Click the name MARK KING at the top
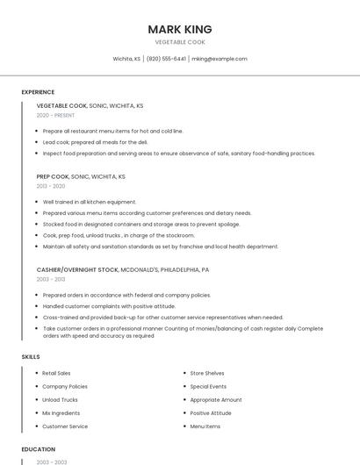point(180,29)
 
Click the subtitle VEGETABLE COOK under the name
point(180,42)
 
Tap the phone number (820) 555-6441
point(166,59)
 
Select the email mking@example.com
point(220,59)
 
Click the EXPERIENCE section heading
point(38,92)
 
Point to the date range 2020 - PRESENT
point(55,115)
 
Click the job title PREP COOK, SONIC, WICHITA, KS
point(81,176)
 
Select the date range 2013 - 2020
point(51,186)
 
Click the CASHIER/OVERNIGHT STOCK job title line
point(123,269)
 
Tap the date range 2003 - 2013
point(51,279)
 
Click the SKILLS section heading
point(31,357)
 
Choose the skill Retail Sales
point(56,373)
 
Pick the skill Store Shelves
point(207,373)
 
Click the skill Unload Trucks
point(60,399)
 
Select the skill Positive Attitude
point(211,412)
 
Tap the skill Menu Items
point(205,426)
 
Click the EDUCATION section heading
point(39,449)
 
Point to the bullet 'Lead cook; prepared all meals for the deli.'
point(96,141)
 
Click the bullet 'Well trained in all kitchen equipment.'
point(90,202)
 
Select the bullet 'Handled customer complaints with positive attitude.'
point(109,306)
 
